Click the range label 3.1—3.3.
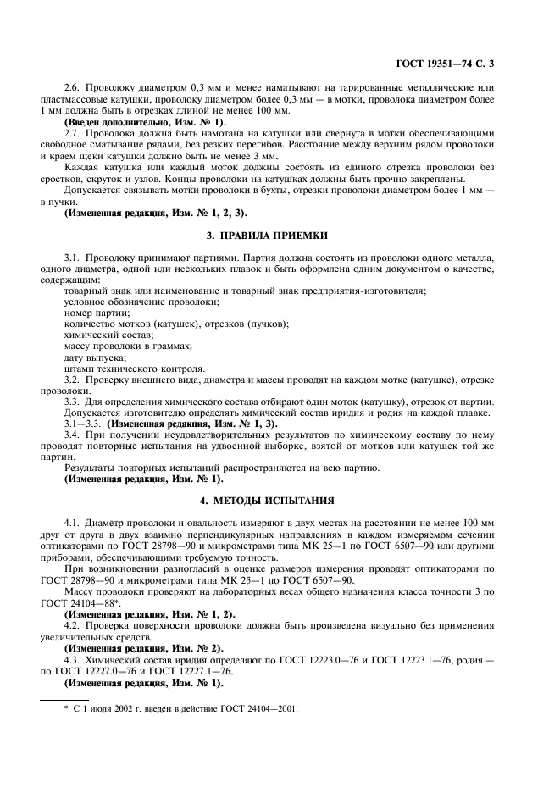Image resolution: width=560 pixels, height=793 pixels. [84, 424]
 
